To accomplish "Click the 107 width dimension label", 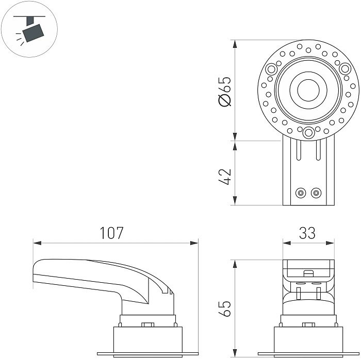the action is (112, 233).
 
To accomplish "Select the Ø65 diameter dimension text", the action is (225, 91).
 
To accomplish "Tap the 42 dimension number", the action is (225, 177).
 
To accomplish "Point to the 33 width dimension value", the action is (307, 233).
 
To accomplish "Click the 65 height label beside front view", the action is (225, 308).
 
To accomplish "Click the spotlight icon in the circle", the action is (30, 29).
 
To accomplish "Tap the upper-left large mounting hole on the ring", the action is (271, 69).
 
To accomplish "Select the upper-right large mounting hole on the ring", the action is (345, 68).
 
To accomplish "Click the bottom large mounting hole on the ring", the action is (308, 133).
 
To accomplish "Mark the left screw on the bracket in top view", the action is (301, 193).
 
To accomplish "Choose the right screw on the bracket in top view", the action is (316, 193).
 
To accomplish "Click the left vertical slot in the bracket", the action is (299, 150).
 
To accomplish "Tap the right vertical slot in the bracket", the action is (318, 150).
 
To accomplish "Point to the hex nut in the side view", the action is (147, 324).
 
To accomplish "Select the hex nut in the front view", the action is (308, 324).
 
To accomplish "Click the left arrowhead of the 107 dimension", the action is (37, 243).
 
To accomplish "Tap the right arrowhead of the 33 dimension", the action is (331, 243).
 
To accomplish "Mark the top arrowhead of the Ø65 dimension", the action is (235, 44).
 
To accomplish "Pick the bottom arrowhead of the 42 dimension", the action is (235, 201).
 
